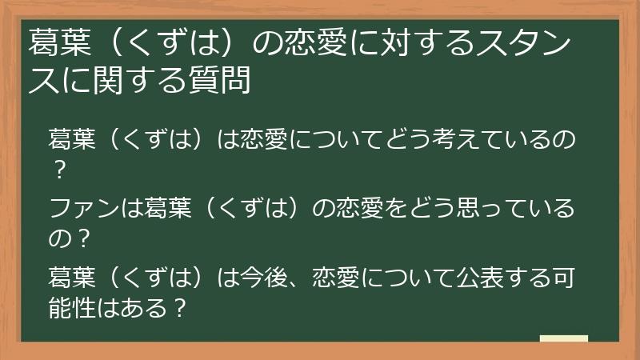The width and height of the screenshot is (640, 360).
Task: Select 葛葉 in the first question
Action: point(74,142)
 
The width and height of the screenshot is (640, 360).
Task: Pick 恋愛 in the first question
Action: point(266,142)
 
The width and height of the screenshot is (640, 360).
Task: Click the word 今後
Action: point(266,278)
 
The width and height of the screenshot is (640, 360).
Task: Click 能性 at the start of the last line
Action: point(74,306)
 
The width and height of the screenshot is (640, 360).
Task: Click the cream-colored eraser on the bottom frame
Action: point(564,339)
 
